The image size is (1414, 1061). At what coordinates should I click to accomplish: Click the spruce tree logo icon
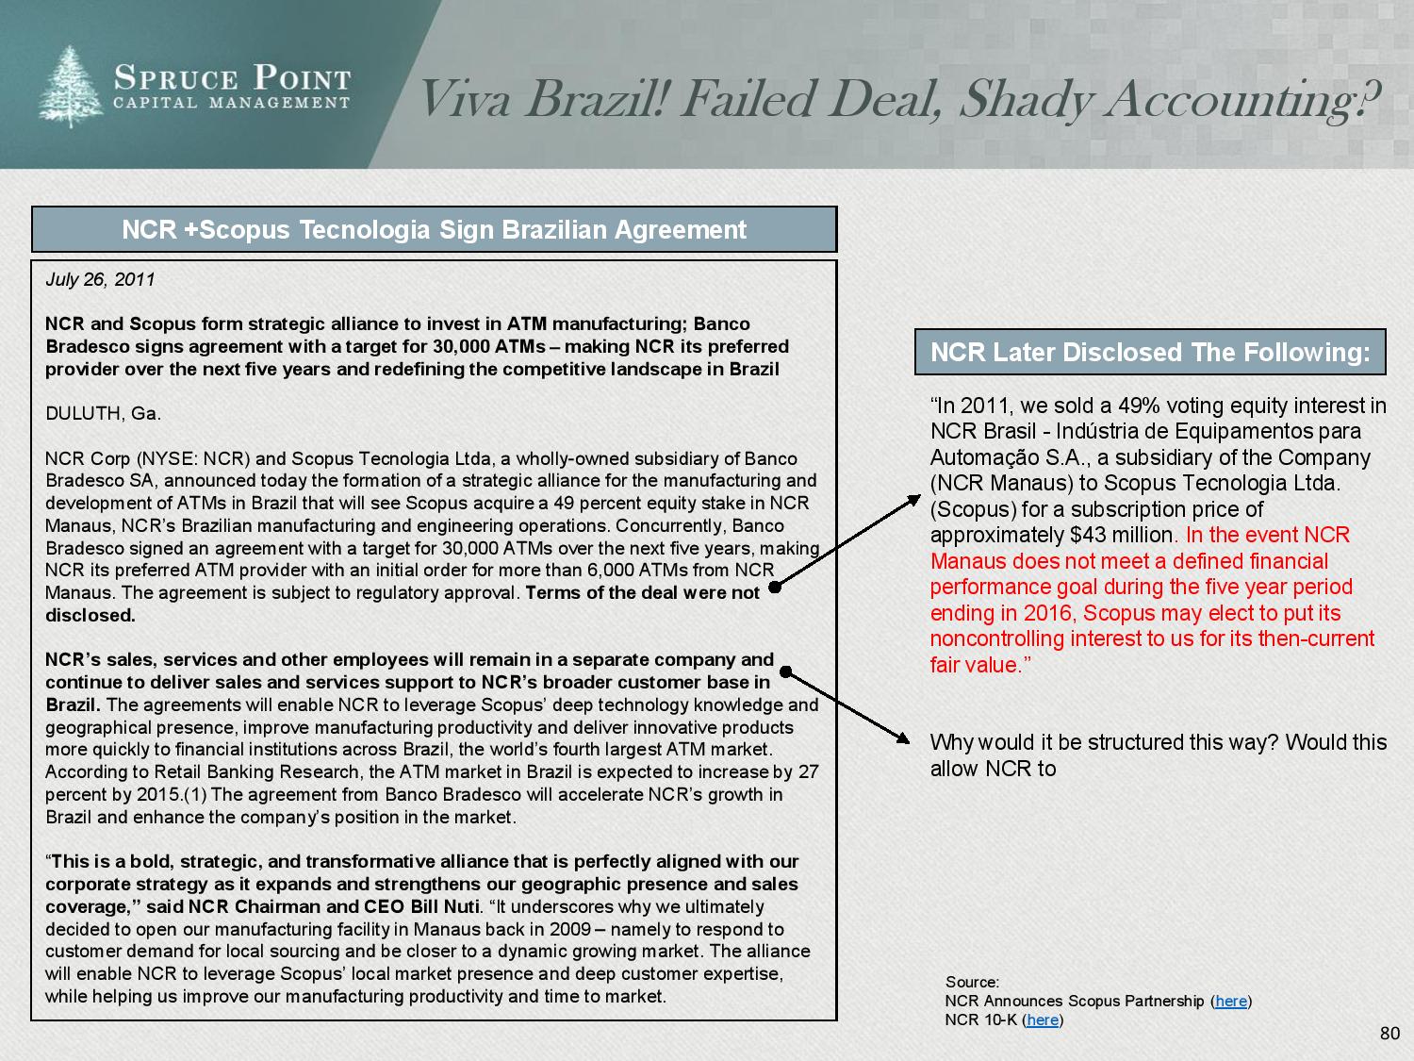pos(72,87)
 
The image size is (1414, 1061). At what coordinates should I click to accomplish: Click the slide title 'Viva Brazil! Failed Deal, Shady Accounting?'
pos(898,99)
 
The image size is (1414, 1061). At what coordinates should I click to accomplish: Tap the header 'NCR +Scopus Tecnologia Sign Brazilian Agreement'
pos(434,230)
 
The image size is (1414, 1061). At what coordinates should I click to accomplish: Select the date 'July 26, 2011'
pos(100,279)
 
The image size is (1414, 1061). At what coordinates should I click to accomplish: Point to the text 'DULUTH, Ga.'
pos(103,413)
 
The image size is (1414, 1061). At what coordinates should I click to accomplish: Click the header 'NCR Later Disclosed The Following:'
pos(1150,353)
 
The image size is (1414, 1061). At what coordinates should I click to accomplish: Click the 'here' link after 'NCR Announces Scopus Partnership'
pos(1231,1001)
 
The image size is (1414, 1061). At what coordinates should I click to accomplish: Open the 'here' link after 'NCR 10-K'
pos(1042,1020)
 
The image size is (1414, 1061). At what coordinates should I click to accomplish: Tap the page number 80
pos(1389,1034)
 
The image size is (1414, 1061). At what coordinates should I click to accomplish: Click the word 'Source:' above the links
pos(972,982)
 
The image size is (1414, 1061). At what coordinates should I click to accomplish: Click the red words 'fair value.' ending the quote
pos(977,665)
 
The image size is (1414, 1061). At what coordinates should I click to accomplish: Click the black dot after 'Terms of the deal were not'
pos(775,587)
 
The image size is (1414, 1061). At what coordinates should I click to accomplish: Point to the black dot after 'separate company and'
pos(785,672)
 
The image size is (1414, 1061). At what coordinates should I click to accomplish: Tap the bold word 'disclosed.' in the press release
pos(90,615)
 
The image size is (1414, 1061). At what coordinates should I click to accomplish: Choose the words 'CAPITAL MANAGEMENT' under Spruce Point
pos(232,103)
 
